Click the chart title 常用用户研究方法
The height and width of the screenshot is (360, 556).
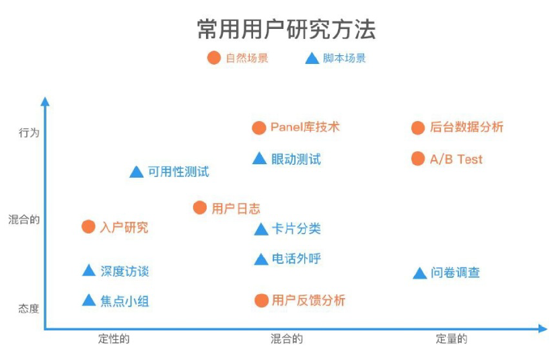pos(286,29)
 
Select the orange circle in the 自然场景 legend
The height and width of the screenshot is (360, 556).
pos(214,58)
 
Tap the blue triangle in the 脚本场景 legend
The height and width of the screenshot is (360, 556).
pos(312,59)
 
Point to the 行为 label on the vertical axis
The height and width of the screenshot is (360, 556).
pos(29,133)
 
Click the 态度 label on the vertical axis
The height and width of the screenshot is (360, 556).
pos(29,309)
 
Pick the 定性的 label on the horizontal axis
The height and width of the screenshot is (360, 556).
pos(114,338)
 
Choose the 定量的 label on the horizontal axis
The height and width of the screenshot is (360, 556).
pos(452,338)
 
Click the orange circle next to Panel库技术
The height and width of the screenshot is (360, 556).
pos(259,128)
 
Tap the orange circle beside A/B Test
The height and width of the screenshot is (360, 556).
pos(418,159)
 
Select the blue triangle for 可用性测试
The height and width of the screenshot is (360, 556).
pos(137,172)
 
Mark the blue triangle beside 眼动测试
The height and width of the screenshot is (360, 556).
pos(260,158)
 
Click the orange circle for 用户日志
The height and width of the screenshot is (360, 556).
pos(200,208)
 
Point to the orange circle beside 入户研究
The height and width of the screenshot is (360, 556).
pos(88,227)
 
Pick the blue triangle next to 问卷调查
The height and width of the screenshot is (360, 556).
pos(420,273)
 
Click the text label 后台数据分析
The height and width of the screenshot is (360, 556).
pos(466,127)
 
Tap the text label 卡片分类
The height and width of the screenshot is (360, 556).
pos(296,229)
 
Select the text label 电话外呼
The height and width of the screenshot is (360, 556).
pos(296,258)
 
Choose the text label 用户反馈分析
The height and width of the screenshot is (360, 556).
pos(308,301)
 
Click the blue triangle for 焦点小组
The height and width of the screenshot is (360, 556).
pos(89,300)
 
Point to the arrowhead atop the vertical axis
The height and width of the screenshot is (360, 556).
pos(45,101)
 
